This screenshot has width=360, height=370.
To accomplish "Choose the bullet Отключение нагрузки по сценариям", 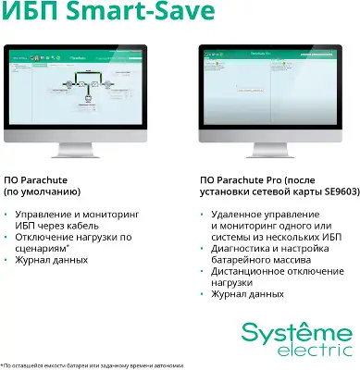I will coord(68,242).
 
